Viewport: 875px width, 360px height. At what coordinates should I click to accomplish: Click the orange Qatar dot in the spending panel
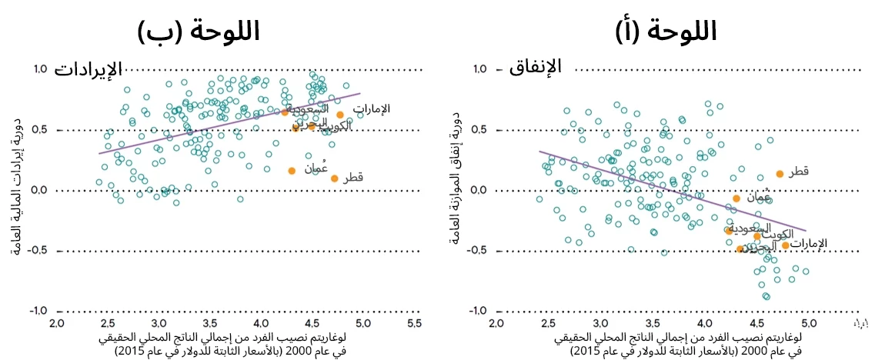click(780, 174)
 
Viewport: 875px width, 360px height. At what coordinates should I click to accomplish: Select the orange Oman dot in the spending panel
click(736, 198)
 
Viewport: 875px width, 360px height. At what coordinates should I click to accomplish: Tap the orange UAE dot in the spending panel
click(786, 245)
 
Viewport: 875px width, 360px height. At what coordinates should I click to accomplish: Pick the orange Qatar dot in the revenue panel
click(335, 178)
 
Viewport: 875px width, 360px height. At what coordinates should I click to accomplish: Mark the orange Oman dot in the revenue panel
click(292, 171)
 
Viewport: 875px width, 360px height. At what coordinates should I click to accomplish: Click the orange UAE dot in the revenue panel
click(340, 115)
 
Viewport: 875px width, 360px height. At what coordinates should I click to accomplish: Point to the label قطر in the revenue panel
click(352, 178)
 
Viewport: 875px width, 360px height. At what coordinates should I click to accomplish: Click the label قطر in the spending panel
click(798, 172)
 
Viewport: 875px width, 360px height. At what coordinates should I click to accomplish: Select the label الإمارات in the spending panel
click(810, 243)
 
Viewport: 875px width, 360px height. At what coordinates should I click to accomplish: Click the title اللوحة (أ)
click(666, 31)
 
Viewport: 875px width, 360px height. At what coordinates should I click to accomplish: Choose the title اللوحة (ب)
click(199, 31)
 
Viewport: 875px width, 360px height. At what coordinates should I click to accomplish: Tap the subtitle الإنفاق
click(536, 68)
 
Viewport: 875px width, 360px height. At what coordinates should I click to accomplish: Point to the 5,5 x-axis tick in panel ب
click(414, 322)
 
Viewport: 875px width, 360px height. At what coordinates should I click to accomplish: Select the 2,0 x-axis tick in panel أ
click(496, 322)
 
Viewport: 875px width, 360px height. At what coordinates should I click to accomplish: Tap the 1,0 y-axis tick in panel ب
click(40, 69)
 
